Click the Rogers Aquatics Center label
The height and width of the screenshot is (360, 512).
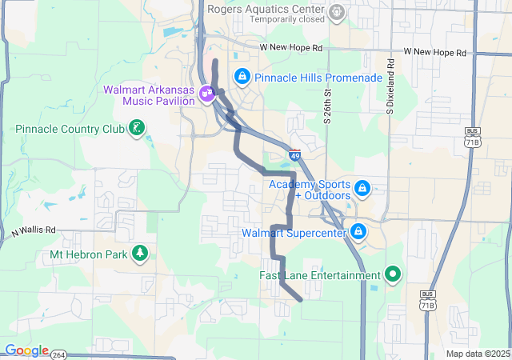click(266, 10)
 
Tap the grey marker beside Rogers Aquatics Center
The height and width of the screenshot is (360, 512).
click(338, 11)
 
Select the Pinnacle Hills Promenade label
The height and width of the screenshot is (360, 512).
click(318, 78)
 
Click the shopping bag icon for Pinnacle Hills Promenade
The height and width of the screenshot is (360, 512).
click(241, 77)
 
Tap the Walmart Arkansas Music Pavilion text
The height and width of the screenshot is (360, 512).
click(149, 95)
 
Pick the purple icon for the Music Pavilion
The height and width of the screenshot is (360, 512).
click(207, 93)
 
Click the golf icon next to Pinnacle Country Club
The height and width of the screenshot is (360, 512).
click(138, 128)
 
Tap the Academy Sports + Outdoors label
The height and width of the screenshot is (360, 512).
click(310, 190)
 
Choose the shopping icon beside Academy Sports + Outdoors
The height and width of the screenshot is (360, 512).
click(362, 188)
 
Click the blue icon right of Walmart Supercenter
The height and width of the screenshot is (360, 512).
click(358, 233)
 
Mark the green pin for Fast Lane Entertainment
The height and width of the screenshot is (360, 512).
click(392, 275)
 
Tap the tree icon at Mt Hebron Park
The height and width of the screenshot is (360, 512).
click(141, 254)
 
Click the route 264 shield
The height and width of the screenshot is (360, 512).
click(60, 353)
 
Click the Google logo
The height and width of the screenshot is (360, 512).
click(26, 350)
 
